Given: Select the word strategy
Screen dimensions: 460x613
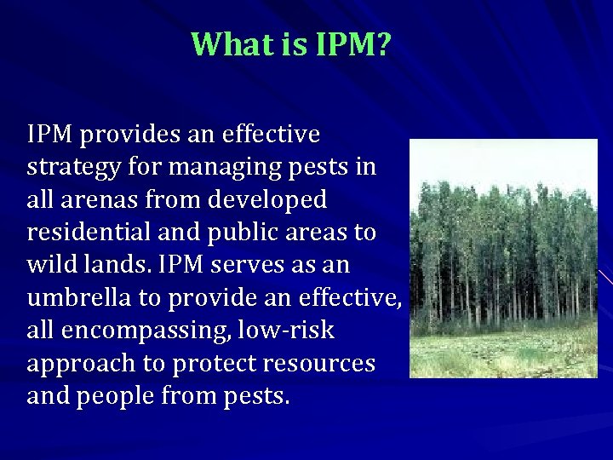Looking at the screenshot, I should (x=73, y=168).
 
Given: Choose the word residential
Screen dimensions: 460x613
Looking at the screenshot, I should (x=89, y=233).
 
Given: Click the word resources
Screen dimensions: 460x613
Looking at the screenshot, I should (x=319, y=364).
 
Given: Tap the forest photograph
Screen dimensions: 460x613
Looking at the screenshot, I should (x=503, y=258).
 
